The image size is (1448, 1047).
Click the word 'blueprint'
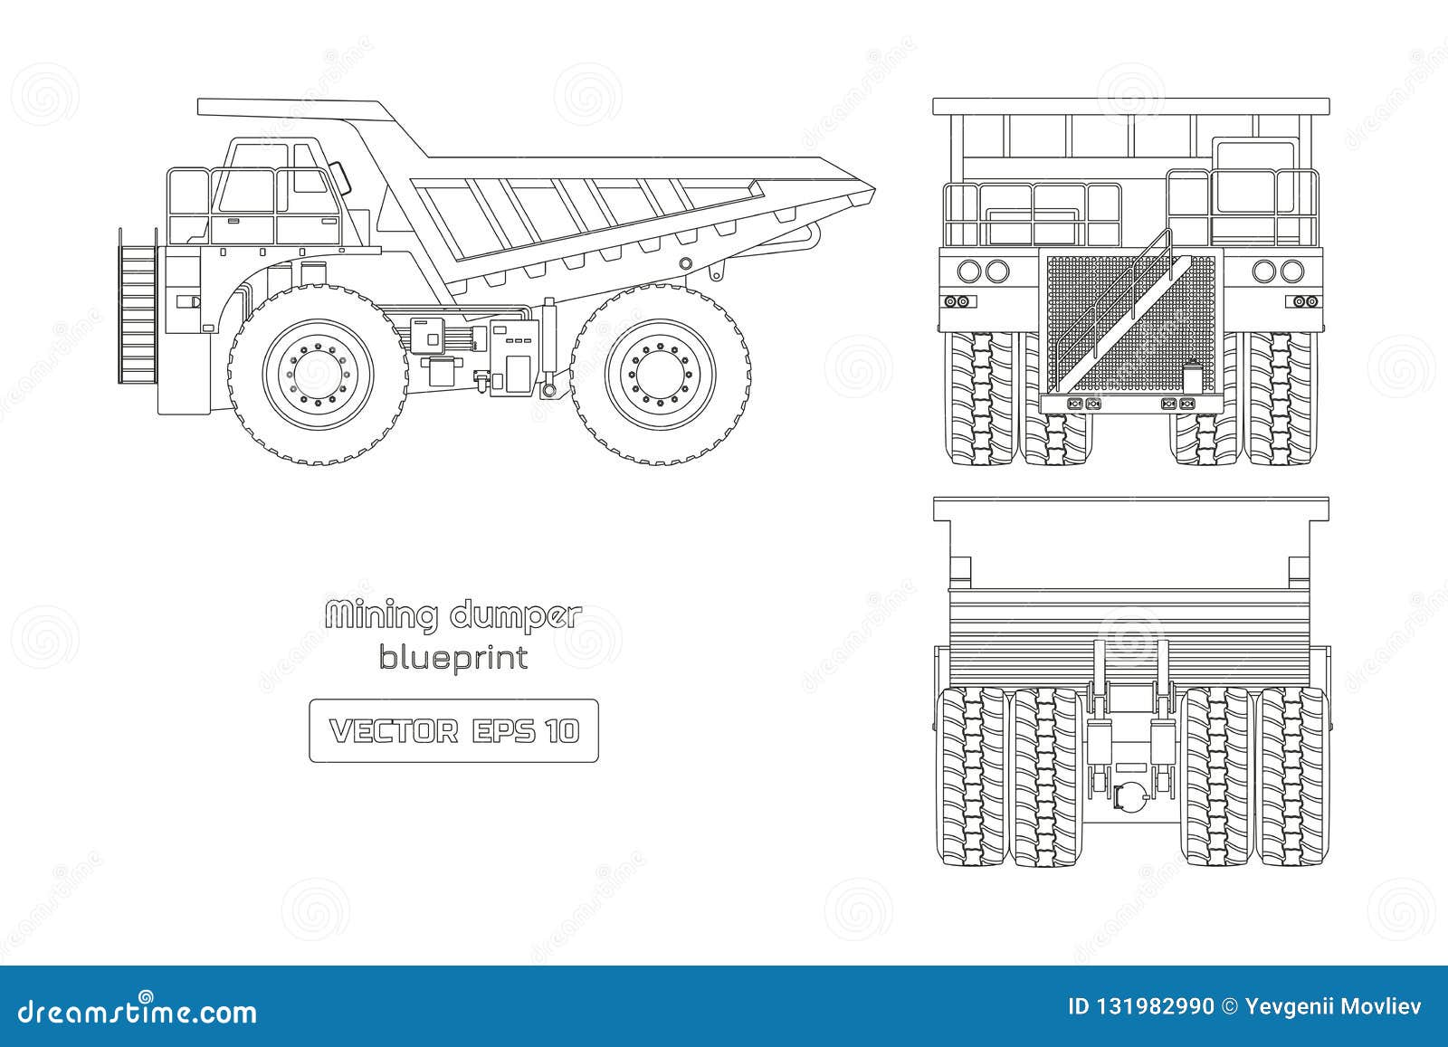(453, 659)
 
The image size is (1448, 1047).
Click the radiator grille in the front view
(1130, 317)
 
